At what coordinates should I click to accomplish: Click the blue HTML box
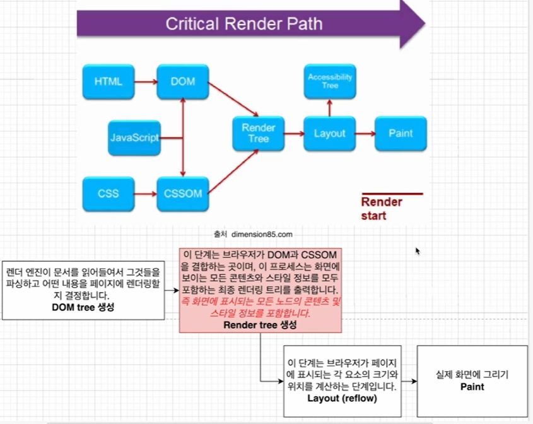[108, 81]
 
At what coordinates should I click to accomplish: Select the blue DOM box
[183, 81]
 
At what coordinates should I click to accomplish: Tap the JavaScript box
[134, 137]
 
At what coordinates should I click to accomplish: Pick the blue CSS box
[108, 193]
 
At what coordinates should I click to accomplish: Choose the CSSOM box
[183, 193]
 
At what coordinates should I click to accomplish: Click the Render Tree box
[259, 133]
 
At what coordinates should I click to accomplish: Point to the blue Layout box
[330, 133]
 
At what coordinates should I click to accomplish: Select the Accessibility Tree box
[330, 81]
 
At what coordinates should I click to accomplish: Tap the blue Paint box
[401, 133]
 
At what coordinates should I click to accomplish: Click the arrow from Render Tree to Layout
[294, 133]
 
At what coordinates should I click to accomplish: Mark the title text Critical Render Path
[243, 24]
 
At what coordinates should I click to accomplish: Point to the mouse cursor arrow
[417, 250]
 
